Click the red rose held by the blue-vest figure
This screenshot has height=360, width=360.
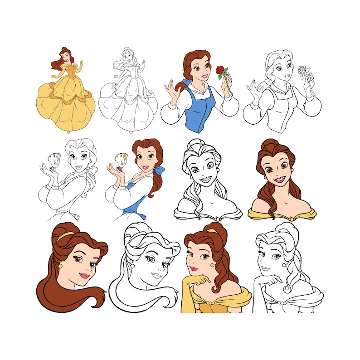coord(220,70)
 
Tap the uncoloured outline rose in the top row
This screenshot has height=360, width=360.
coord(302,71)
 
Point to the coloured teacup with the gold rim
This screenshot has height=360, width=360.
coord(117,162)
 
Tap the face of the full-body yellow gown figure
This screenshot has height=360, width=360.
coord(67,57)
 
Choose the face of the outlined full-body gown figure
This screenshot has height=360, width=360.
coord(129,56)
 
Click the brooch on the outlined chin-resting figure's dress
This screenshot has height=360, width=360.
coord(281,302)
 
